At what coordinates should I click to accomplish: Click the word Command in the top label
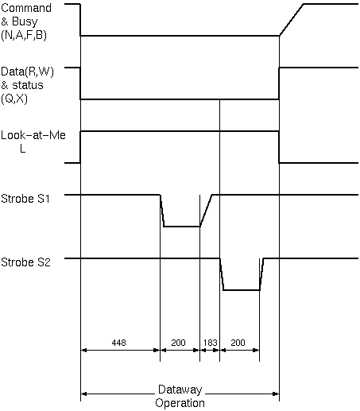26,8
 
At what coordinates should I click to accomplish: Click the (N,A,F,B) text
24,35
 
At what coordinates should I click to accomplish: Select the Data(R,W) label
27,72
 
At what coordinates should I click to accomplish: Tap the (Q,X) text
14,99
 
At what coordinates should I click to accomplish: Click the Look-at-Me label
33,135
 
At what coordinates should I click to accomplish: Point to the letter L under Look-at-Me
23,149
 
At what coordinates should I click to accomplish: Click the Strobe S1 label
25,199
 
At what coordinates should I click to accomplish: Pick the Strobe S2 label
25,262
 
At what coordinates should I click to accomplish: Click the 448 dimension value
118,343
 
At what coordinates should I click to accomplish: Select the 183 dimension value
210,343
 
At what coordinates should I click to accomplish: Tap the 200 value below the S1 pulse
178,343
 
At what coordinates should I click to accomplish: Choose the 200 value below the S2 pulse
238,343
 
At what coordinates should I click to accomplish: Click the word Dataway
180,390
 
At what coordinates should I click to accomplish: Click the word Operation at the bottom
180,403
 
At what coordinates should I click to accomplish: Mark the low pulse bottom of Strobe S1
182,227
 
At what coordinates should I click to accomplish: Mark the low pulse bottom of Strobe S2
242,290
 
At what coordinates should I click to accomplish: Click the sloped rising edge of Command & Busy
292,20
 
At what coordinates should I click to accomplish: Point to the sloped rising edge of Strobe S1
206,211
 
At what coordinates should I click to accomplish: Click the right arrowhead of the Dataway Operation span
276,394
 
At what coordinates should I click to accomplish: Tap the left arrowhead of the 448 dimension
84,351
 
